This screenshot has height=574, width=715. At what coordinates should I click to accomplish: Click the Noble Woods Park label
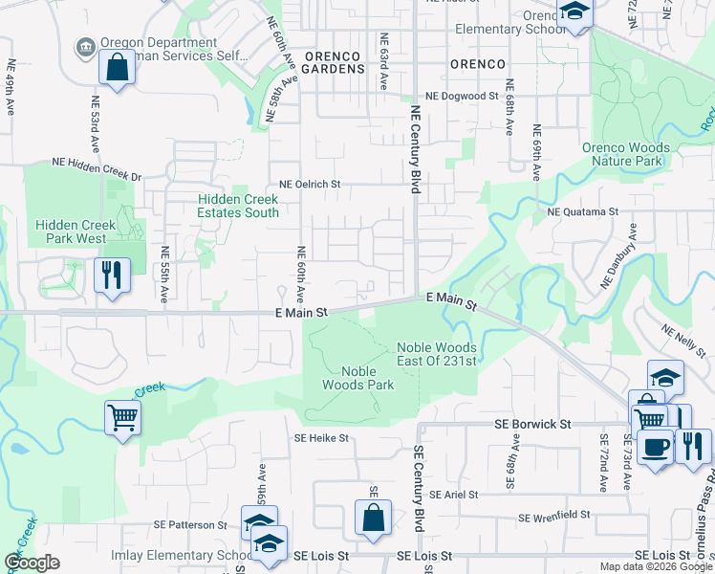click(367, 378)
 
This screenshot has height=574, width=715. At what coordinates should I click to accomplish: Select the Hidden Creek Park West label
click(76, 232)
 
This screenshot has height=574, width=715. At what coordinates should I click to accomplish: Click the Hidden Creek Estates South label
click(237, 206)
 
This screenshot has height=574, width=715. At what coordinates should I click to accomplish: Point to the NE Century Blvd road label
click(415, 150)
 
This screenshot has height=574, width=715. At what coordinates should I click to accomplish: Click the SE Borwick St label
click(532, 423)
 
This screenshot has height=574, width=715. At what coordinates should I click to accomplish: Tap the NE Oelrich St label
click(310, 184)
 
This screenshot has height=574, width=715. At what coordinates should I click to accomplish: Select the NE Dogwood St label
click(463, 97)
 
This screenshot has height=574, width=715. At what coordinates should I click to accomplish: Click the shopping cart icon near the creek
click(123, 417)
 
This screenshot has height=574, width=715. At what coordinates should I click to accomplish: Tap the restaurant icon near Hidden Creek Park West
click(112, 276)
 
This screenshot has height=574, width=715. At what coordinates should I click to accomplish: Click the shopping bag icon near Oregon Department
click(117, 69)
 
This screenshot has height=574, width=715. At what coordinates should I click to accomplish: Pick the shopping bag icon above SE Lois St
click(373, 517)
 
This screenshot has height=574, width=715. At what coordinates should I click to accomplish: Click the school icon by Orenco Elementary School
click(575, 12)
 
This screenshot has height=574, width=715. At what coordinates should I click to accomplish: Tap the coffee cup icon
click(655, 446)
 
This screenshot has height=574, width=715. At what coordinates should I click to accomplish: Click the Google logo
click(31, 563)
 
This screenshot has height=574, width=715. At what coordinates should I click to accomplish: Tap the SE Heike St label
click(323, 438)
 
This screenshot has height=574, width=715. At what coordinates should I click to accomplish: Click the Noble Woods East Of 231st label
click(437, 354)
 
